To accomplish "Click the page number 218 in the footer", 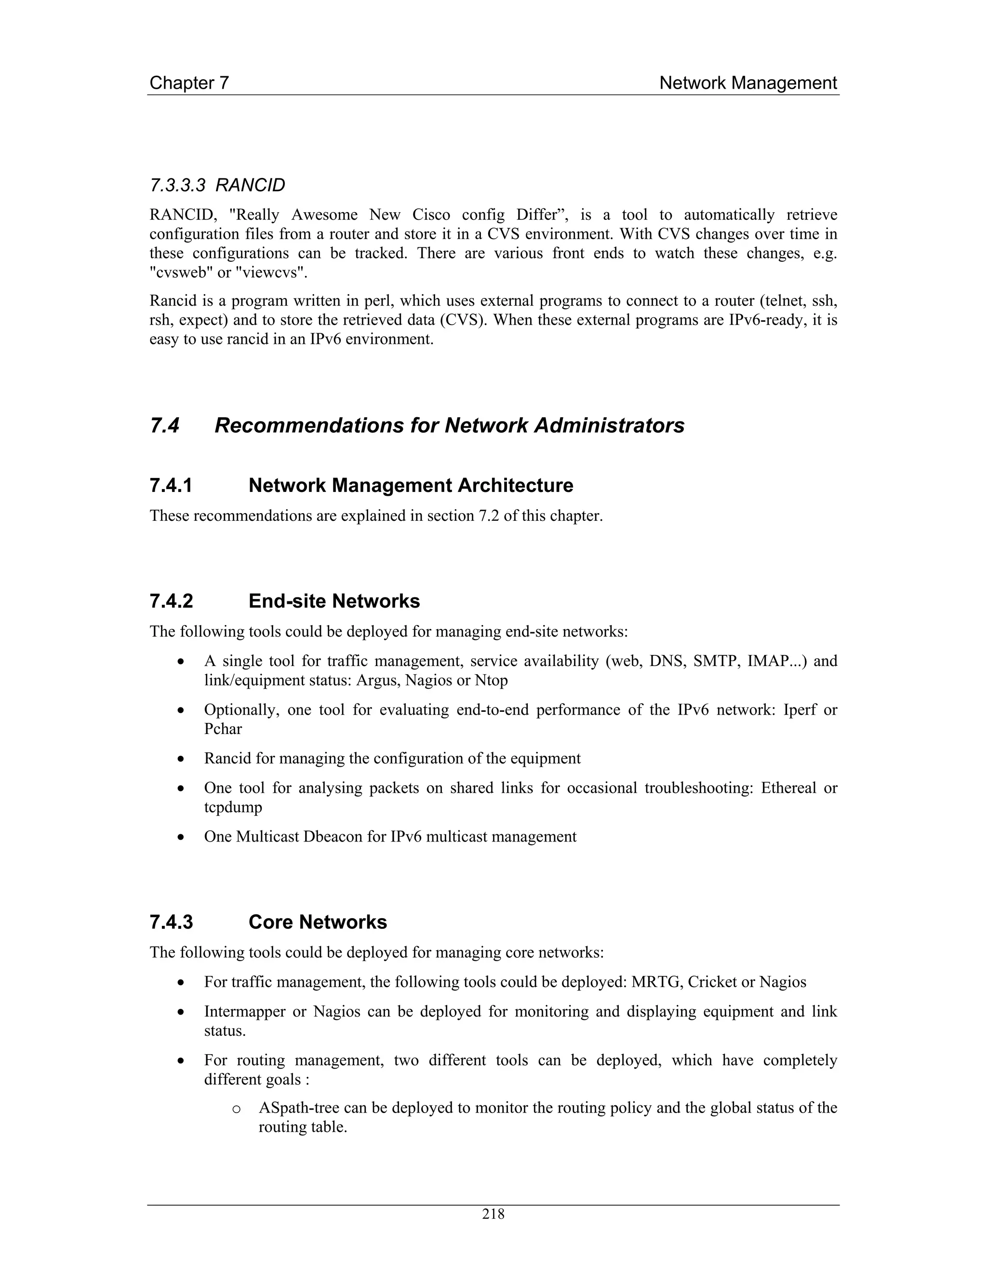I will pyautogui.click(x=493, y=1214).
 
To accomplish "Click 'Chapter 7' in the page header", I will pyautogui.click(x=189, y=83).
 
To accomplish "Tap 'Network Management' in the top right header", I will pyautogui.click(x=748, y=83).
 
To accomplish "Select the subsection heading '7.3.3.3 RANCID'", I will pyautogui.click(x=217, y=186).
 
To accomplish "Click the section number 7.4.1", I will pyautogui.click(x=171, y=485).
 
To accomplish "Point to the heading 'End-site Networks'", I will pyautogui.click(x=334, y=601).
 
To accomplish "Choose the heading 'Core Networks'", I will pyautogui.click(x=318, y=922).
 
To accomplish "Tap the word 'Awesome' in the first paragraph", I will pyautogui.click(x=324, y=215).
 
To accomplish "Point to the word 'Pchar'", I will pyautogui.click(x=223, y=729).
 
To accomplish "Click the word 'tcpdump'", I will pyautogui.click(x=233, y=807).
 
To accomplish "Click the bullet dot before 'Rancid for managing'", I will pyautogui.click(x=182, y=760).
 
